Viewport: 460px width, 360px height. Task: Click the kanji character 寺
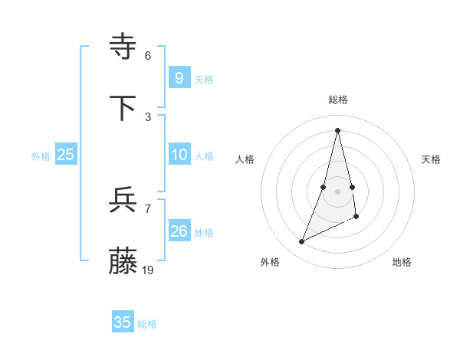pyautogui.click(x=123, y=47)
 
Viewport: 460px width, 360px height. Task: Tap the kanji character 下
pyautogui.click(x=123, y=109)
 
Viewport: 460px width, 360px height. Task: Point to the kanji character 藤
pyautogui.click(x=123, y=263)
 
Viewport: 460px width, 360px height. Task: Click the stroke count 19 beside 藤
pyautogui.click(x=148, y=270)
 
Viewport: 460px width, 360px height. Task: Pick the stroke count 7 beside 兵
pyautogui.click(x=148, y=208)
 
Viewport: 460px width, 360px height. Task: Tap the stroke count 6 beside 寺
pyautogui.click(x=148, y=55)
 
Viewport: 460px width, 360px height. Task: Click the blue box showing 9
pyautogui.click(x=179, y=77)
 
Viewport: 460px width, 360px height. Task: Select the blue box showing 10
pyautogui.click(x=179, y=155)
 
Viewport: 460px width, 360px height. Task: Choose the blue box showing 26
pyautogui.click(x=179, y=231)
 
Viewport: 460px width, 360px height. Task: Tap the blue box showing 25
pyautogui.click(x=66, y=155)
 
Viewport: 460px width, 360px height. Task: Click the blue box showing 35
pyautogui.click(x=123, y=322)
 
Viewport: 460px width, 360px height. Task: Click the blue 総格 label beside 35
pyautogui.click(x=147, y=324)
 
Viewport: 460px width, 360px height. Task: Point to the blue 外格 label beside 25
pyautogui.click(x=41, y=155)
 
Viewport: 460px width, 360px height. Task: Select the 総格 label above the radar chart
pyautogui.click(x=338, y=100)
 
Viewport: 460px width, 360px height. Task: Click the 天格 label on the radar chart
pyautogui.click(x=431, y=159)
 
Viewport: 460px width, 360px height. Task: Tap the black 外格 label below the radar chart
pyautogui.click(x=270, y=262)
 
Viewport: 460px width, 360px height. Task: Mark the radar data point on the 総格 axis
pyautogui.click(x=338, y=129)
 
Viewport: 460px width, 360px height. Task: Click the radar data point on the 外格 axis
pyautogui.click(x=301, y=242)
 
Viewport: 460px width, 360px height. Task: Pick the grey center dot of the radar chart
pyautogui.click(x=338, y=191)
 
